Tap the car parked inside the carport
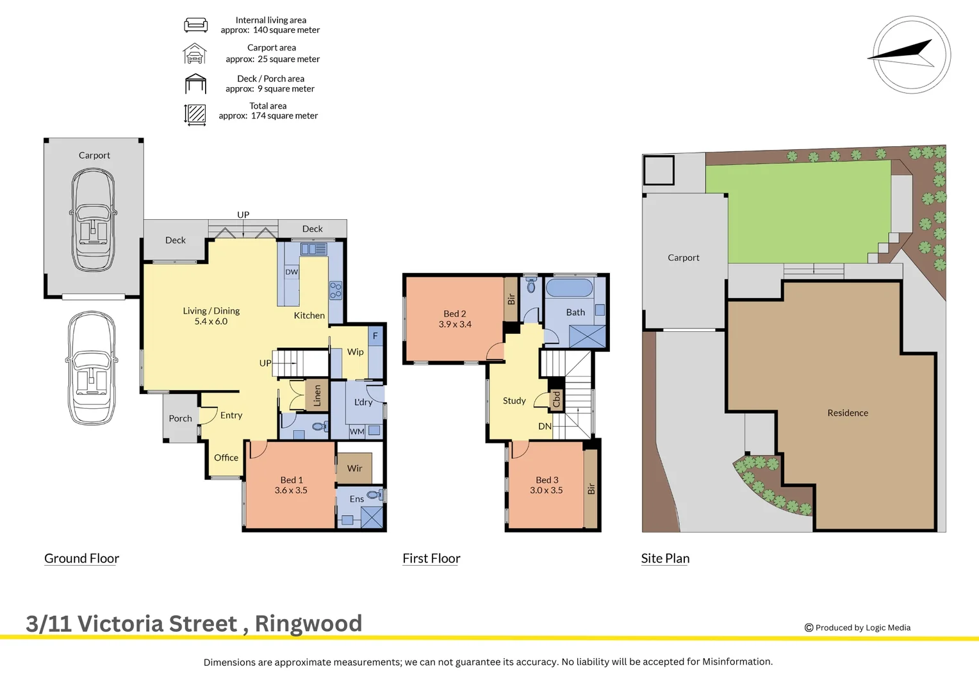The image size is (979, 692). pos(94,220)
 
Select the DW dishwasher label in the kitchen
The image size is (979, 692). pos(292,272)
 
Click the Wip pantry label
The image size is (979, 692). pos(355,352)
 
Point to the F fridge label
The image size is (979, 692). pos(375,336)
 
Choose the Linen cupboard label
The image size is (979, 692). pos(317,396)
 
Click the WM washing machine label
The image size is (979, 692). pos(357,432)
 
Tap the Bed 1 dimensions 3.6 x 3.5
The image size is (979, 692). pos(291,490)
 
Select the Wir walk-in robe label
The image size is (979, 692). pos(354,468)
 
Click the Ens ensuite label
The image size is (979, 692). pos(356,499)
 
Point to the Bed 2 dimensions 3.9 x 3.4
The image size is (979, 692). pos(455,324)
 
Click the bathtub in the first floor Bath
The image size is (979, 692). pos(569,287)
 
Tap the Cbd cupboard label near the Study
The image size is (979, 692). pos(556,399)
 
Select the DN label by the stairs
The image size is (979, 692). pos(545,426)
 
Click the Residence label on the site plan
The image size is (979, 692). pos(847,413)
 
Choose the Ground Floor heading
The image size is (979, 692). pos(81,558)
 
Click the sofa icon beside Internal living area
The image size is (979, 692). pos(195,25)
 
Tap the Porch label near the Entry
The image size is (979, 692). pos(180,418)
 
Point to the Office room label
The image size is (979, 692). pos(226,457)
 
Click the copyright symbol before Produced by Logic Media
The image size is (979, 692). pos(809,628)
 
